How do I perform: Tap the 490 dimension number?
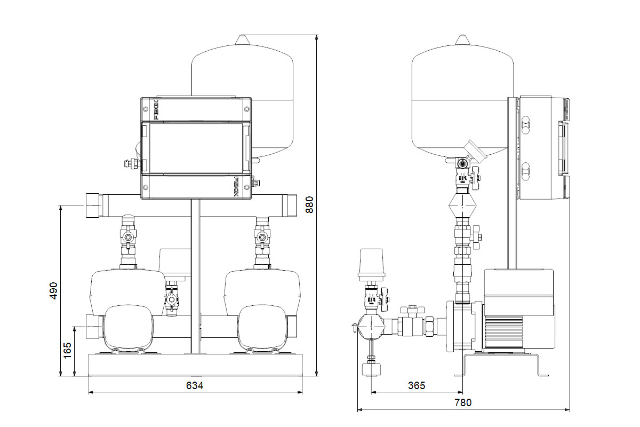click(53, 290)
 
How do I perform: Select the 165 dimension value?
click(68, 350)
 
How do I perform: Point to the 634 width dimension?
click(195, 385)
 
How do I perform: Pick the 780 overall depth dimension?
click(462, 403)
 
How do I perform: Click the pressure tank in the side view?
click(462, 101)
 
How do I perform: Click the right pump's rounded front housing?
click(262, 328)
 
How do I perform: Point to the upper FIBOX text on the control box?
click(148, 110)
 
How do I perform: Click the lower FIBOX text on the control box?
click(237, 187)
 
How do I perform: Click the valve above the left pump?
click(128, 236)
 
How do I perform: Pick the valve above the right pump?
click(262, 236)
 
